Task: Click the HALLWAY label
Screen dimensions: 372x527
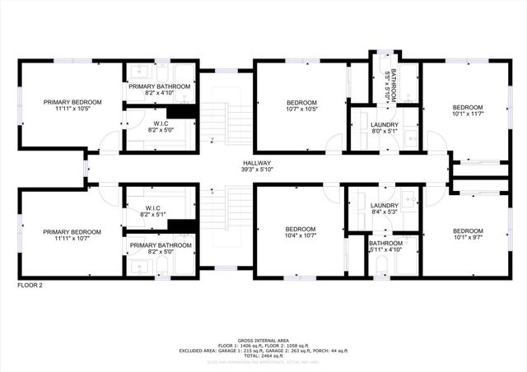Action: click(257, 163)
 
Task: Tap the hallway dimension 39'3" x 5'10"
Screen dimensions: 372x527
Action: click(257, 170)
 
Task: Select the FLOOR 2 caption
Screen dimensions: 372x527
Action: click(30, 285)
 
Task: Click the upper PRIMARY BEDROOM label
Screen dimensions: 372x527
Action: click(72, 102)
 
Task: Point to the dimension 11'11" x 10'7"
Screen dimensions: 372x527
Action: click(72, 239)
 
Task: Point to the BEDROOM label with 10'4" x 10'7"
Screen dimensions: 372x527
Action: click(301, 229)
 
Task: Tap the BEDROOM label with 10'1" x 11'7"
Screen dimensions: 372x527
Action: click(468, 107)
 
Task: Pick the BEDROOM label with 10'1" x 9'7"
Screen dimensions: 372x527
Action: click(468, 230)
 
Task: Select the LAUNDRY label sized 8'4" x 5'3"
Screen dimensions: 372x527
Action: click(385, 206)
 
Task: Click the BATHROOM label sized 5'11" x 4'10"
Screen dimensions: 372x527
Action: click(385, 244)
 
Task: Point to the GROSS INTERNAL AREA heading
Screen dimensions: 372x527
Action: click(263, 339)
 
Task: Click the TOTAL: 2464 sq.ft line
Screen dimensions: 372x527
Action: click(263, 356)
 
